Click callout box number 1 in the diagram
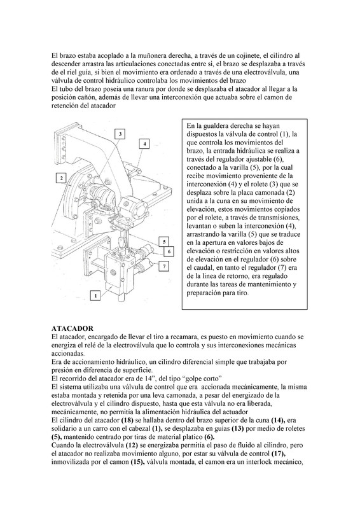[95, 295]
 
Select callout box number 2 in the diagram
[61, 178]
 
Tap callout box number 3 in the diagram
[120, 134]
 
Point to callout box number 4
[144, 144]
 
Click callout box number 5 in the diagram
[165, 242]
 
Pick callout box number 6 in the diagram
[169, 251]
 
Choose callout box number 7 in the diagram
[164, 266]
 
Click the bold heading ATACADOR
[72, 328]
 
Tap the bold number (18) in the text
[127, 421]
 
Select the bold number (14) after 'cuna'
[278, 421]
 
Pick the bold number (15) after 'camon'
[137, 462]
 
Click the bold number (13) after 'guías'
[238, 429]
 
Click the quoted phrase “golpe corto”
[202, 379]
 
